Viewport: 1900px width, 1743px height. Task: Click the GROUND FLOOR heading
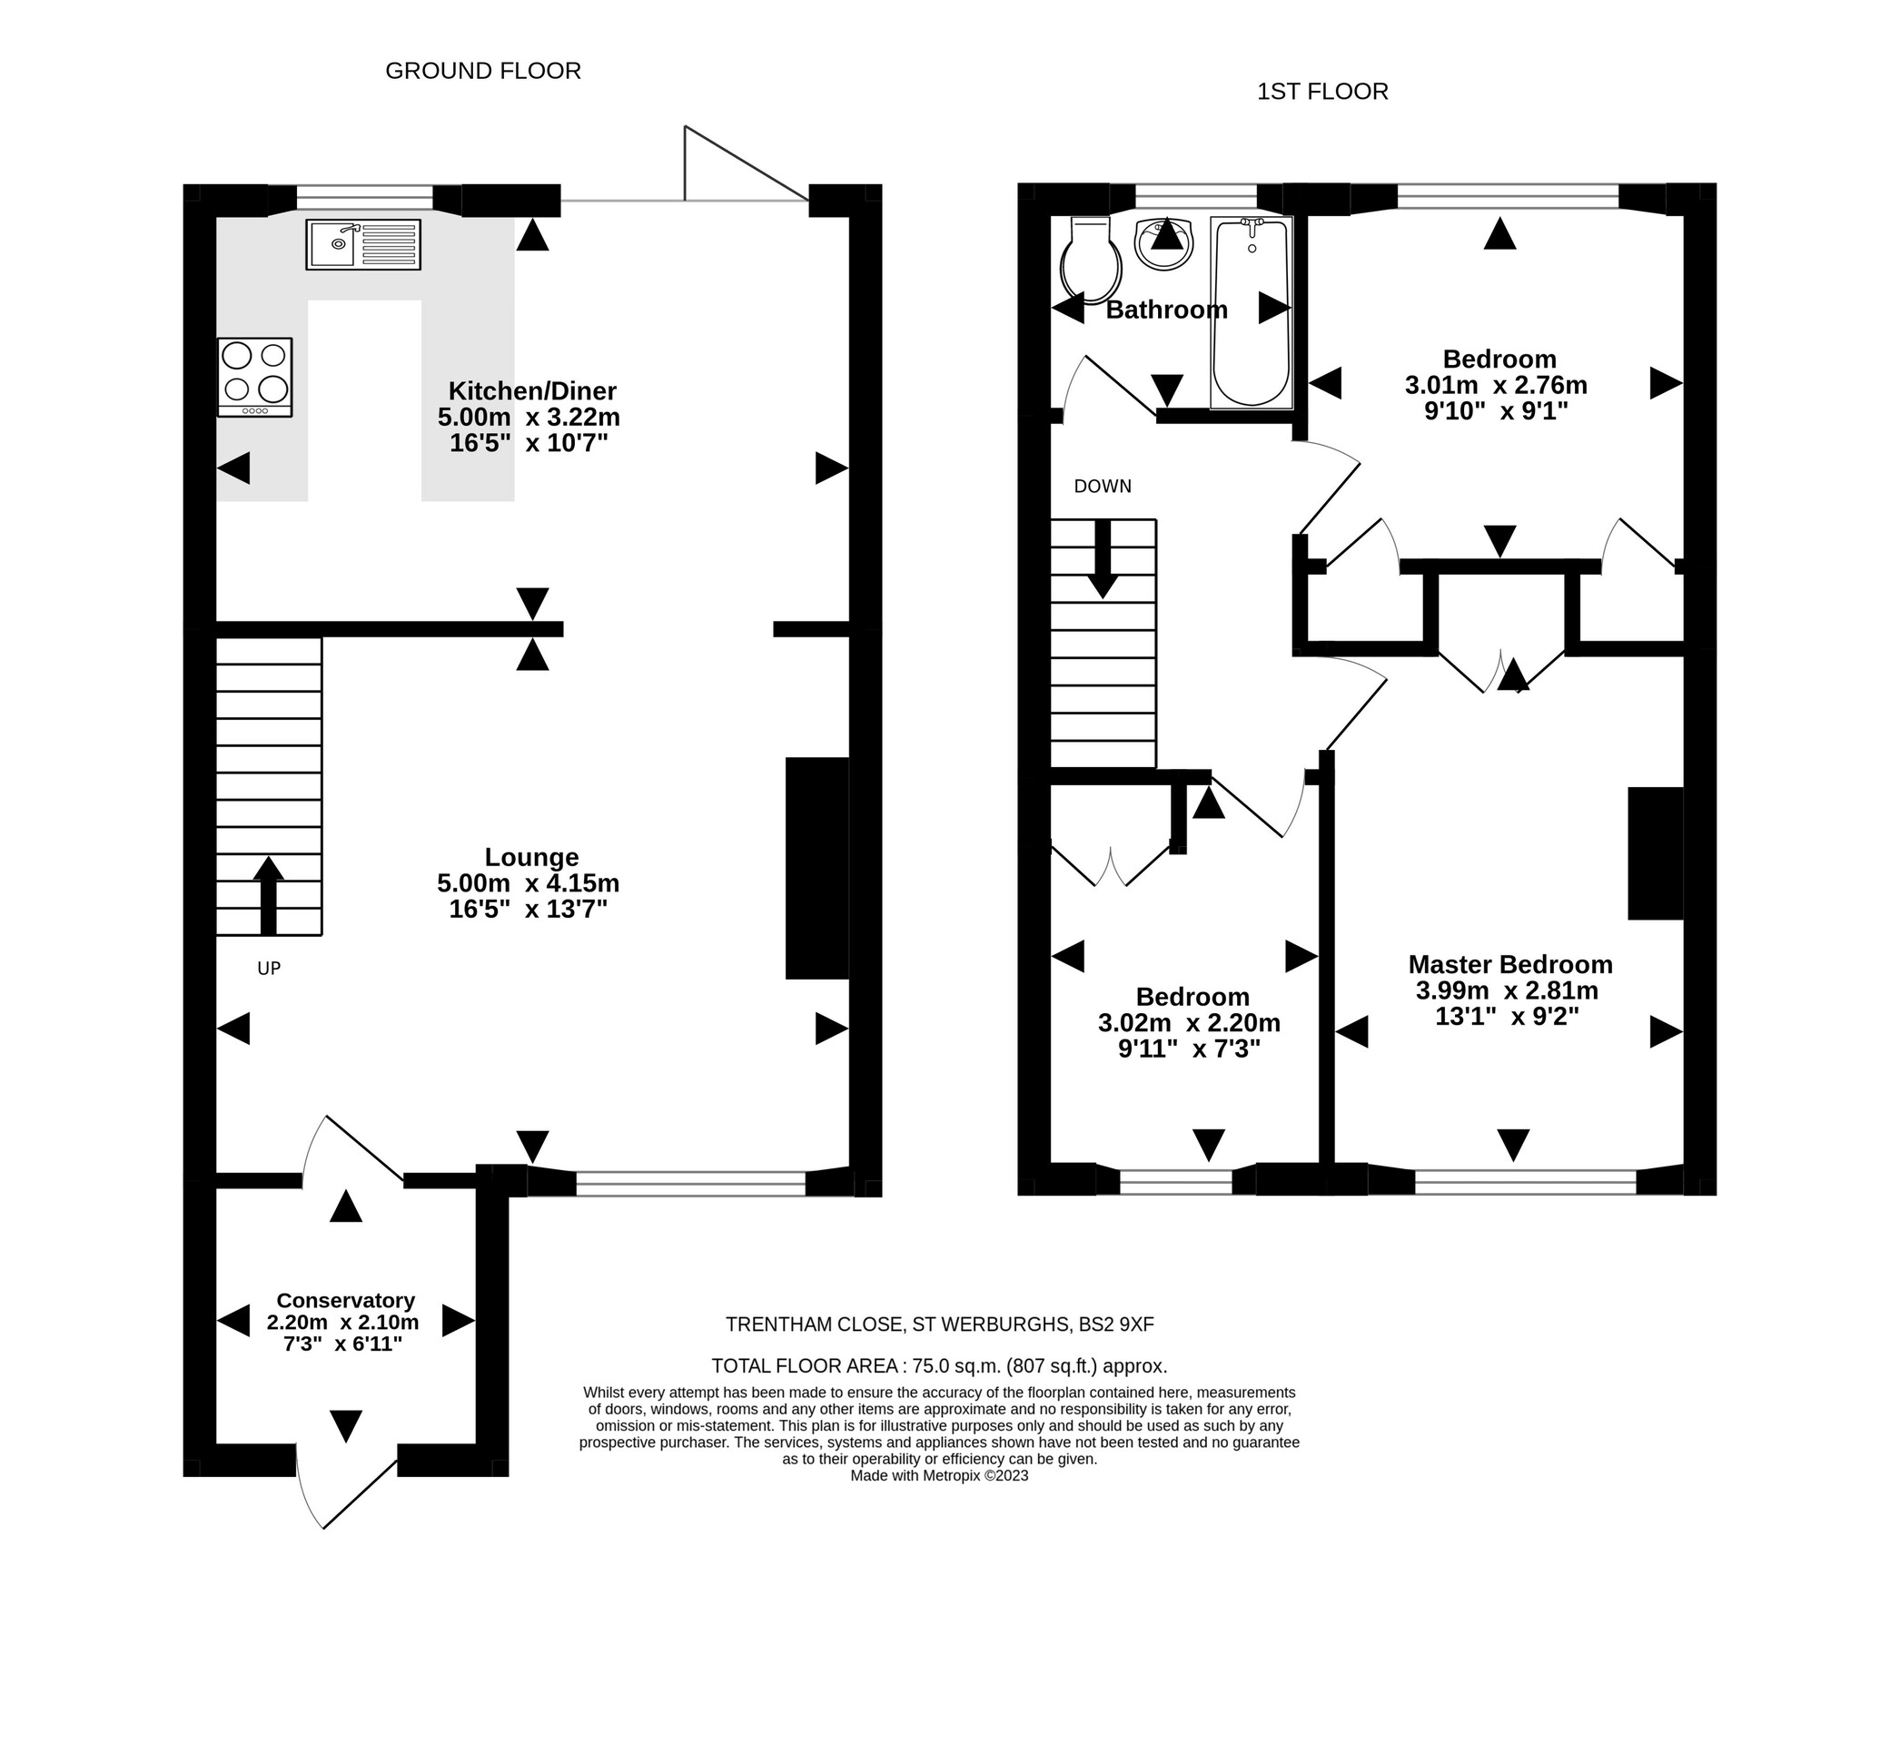[483, 71]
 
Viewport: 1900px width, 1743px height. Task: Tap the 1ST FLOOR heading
[1321, 92]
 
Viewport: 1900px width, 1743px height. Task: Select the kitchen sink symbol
[363, 244]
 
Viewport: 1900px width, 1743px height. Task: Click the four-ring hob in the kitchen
[254, 377]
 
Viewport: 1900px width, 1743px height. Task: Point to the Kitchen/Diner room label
[532, 390]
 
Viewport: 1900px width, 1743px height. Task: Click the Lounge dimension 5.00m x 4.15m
[529, 884]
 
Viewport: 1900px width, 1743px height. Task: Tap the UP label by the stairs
[269, 969]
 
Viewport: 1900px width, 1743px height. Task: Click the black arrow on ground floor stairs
[269, 894]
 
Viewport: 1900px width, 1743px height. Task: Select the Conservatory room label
[345, 1301]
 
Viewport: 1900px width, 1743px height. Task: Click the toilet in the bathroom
[1091, 260]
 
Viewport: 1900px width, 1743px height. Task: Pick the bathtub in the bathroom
[1251, 311]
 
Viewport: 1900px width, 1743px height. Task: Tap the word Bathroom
[1166, 310]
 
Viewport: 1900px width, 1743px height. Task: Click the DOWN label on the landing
[1102, 487]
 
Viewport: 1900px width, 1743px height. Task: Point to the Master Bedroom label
[1509, 965]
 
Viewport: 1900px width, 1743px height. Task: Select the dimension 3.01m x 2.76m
[1496, 385]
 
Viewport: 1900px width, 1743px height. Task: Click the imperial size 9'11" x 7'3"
[1189, 1049]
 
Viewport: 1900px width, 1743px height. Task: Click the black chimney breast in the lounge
[817, 868]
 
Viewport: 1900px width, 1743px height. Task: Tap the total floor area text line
[939, 1365]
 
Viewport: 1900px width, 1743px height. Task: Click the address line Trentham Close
[939, 1324]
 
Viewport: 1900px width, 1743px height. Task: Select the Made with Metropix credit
[939, 1476]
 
